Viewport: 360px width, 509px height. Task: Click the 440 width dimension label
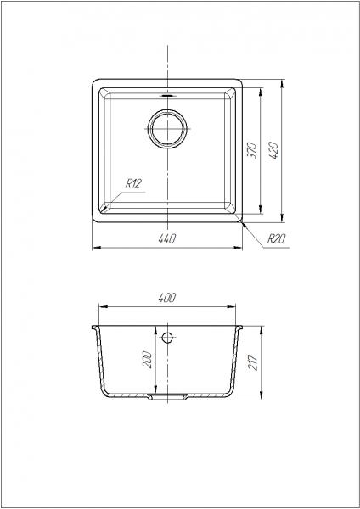coord(167,239)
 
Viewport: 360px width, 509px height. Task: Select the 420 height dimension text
coord(274,150)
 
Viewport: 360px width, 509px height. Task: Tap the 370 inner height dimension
coord(252,151)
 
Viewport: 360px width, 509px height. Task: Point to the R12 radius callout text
coord(133,184)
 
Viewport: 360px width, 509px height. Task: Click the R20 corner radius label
coord(276,239)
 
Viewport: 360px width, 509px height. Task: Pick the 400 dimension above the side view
coord(167,298)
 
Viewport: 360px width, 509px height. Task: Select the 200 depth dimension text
coord(148,359)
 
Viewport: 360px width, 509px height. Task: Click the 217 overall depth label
coord(253,362)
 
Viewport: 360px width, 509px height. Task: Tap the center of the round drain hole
coord(167,129)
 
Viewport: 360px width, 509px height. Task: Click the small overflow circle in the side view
coord(167,338)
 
